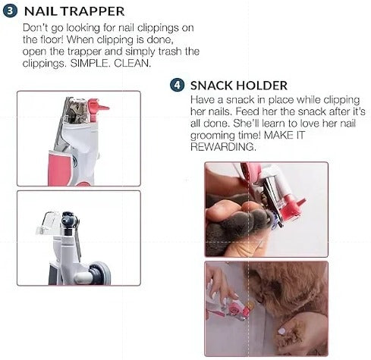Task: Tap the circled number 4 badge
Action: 178,86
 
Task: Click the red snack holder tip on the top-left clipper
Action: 99,108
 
